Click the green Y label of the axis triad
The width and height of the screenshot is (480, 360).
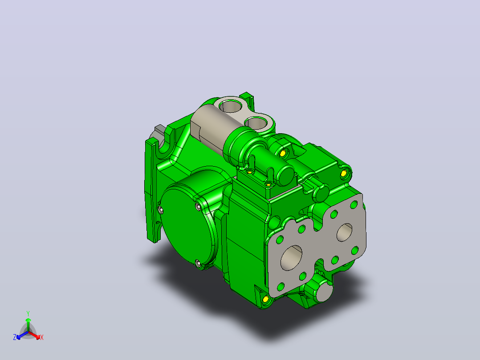pos(28,313)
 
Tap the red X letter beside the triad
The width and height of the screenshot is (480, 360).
pos(42,337)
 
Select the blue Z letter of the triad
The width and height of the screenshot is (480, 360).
pos(14,337)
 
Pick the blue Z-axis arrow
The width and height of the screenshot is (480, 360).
pos(22,335)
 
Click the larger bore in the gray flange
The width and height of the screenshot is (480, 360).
pos(291,258)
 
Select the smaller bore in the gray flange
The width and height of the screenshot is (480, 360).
pos(344,232)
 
